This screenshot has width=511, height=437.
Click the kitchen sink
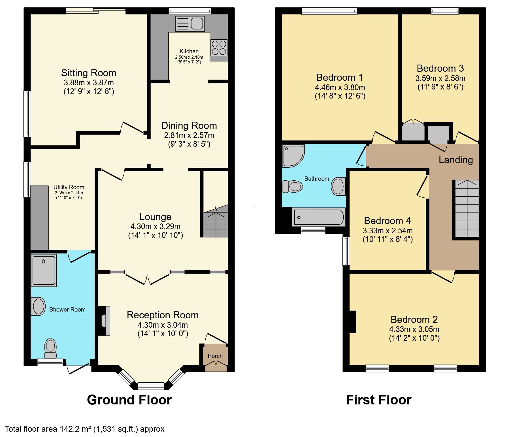tap(190, 24)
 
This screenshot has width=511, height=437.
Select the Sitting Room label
tap(89, 73)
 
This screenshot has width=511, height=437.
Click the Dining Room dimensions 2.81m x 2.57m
tap(189, 135)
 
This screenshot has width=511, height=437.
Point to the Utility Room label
tap(69, 187)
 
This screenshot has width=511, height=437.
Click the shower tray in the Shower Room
tap(44, 270)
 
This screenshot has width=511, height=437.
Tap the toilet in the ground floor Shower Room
tap(50, 349)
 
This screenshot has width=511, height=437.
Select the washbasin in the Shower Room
tap(38, 306)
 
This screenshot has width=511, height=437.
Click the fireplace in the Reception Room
tap(105, 321)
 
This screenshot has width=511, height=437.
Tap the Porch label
tap(215, 356)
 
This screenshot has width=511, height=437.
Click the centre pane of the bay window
tap(151, 386)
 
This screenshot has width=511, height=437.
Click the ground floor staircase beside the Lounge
tap(216, 222)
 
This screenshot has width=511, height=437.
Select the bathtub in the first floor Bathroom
tap(319, 217)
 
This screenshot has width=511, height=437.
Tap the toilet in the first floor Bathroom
tap(292, 186)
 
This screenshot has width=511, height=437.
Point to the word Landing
tap(455, 160)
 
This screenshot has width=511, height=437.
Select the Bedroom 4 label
tap(387, 221)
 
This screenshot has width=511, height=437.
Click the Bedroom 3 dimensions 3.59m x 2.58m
tap(440, 78)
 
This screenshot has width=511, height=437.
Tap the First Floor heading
tap(378, 400)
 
